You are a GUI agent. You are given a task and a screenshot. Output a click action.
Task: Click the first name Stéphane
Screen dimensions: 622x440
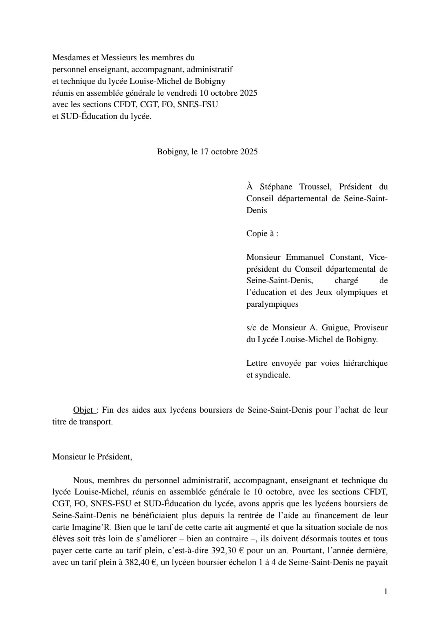(276, 187)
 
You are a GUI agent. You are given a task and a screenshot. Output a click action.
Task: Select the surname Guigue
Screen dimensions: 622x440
(335, 327)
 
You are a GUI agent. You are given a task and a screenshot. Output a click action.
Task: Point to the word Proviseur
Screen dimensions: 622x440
(370, 327)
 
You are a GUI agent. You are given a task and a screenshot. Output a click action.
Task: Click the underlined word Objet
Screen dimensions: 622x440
(84, 410)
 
